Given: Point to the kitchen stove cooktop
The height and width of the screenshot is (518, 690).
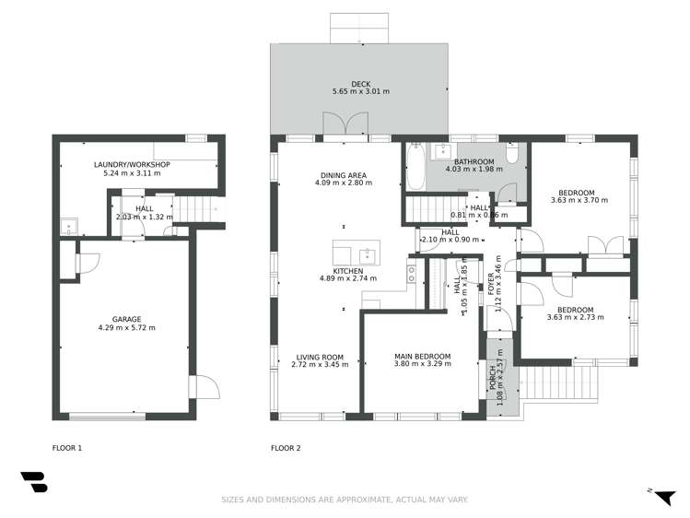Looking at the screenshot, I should (412, 274).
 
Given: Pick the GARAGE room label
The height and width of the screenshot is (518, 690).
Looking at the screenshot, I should (127, 319).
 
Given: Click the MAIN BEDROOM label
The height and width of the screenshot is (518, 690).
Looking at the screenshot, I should (423, 356).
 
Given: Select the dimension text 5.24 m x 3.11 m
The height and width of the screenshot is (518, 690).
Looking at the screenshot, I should (133, 173).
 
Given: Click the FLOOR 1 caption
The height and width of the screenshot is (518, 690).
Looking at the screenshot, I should (67, 448).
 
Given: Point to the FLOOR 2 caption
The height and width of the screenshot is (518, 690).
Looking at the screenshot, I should (286, 448).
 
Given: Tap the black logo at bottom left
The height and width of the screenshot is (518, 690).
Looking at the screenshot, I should (34, 484).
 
